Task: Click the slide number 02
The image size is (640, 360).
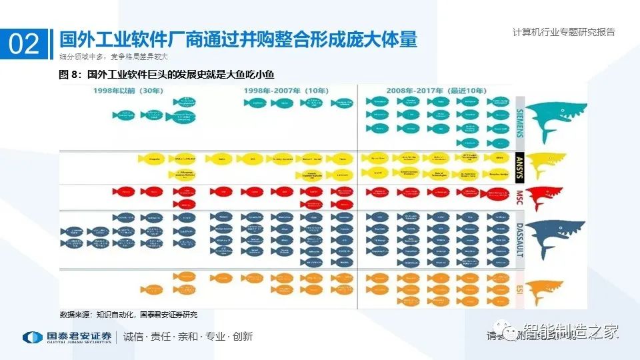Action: (24, 44)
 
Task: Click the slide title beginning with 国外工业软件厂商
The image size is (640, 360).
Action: (238, 39)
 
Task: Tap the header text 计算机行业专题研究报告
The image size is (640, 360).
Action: (564, 31)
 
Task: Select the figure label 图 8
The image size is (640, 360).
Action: (69, 75)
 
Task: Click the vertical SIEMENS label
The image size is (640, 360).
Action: (520, 119)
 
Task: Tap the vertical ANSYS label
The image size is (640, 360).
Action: (520, 166)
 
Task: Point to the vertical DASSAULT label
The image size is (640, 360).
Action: (520, 239)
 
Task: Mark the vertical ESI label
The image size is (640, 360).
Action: (520, 289)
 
